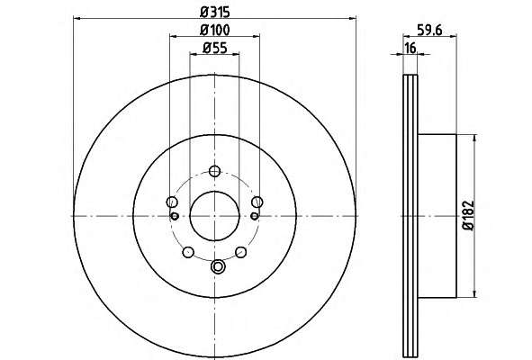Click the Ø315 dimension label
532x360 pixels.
coord(215,13)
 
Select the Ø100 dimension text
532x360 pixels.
coord(215,31)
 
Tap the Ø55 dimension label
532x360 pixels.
coord(215,49)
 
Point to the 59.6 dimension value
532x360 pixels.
coord(429,31)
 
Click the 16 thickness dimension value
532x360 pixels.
coord(410,49)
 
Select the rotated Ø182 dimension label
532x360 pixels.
coord(469,216)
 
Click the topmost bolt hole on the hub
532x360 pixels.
coord(214,171)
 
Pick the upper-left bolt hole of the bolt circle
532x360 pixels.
coord(172,202)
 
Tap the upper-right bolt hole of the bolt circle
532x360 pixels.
coord(257,202)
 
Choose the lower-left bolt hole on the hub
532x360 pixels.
coord(188,252)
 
